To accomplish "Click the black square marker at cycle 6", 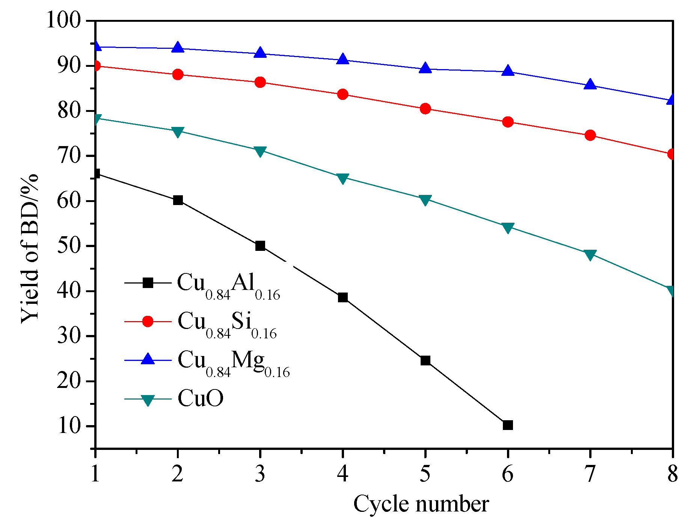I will (507, 425).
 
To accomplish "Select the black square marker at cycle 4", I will (342, 298).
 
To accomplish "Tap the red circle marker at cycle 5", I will (425, 109).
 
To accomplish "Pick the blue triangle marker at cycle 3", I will (260, 53).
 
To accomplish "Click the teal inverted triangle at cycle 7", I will (590, 255).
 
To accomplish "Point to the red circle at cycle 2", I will (178, 74).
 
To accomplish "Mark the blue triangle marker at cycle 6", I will (507, 71).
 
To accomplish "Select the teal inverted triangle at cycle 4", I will (342, 178).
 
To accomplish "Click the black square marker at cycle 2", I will (178, 200).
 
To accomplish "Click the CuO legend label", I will (201, 398).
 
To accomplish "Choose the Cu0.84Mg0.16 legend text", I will (233, 362).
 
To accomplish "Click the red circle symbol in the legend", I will (148, 321).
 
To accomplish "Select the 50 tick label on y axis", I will (69, 246).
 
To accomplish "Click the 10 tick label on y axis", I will (69, 426).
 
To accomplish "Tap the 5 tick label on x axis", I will (425, 474).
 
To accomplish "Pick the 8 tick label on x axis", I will (672, 474).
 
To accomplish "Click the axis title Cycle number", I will (421, 504).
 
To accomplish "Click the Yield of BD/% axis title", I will (30, 249).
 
